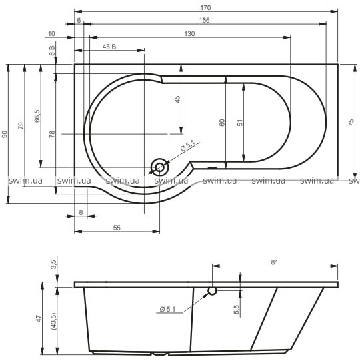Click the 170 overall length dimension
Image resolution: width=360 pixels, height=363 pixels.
[205, 8]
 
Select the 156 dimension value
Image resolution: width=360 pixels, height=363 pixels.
[204, 21]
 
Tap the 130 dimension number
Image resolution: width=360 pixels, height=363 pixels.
[189, 34]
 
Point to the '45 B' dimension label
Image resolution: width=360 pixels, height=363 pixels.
[109, 47]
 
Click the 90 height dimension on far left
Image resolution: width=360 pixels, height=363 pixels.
[5, 135]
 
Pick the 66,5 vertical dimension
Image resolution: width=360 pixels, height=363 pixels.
[37, 116]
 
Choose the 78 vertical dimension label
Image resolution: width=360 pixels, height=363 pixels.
[52, 134]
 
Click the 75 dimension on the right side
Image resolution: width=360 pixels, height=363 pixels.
[351, 123]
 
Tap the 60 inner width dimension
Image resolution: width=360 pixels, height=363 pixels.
[222, 123]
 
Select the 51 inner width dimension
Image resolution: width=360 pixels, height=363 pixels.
[240, 123]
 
